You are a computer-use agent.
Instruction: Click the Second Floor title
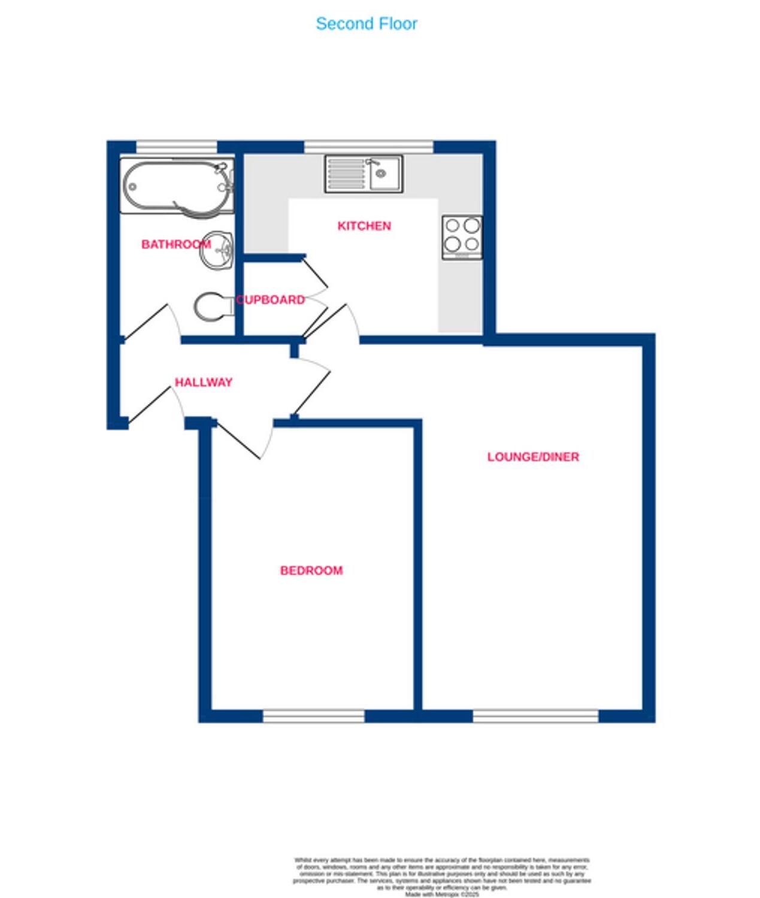(366, 24)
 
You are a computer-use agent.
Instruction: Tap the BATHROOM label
(175, 244)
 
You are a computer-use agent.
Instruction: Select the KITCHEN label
(364, 226)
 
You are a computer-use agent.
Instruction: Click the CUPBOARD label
(271, 300)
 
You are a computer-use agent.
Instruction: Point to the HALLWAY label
(204, 382)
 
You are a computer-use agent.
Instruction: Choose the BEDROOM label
(311, 571)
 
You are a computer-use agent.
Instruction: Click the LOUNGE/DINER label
(533, 457)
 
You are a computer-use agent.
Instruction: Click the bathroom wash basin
(217, 250)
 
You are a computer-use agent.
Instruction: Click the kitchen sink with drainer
(364, 174)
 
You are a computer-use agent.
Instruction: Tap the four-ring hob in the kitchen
(462, 237)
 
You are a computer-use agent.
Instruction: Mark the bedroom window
(313, 716)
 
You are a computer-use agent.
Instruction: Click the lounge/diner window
(535, 716)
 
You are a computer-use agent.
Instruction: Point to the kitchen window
(368, 147)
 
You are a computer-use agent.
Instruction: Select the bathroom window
(176, 147)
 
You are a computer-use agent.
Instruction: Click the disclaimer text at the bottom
(442, 876)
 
